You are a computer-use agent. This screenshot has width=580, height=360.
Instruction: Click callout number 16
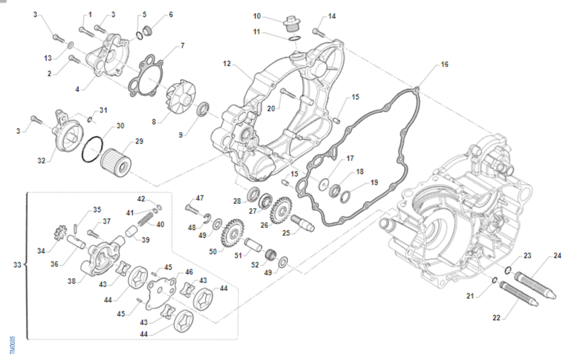pyautogui.click(x=444, y=64)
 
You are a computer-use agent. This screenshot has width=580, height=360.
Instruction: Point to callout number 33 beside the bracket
pyautogui.click(x=17, y=265)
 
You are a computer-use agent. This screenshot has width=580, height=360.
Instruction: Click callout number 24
pyautogui.click(x=557, y=256)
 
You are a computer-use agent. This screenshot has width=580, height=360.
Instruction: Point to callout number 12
pyautogui.click(x=227, y=64)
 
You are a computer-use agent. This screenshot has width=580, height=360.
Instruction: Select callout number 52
pyautogui.click(x=255, y=264)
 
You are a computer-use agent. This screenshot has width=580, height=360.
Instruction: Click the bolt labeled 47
pyautogui.click(x=192, y=209)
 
